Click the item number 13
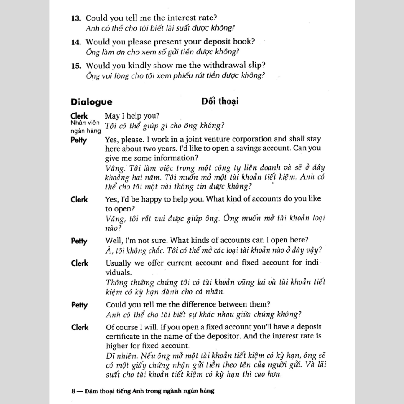pos(76,18)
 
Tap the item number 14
pos(76,42)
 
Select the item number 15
pos(76,66)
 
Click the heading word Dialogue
pos(92,101)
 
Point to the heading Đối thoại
pos(220,101)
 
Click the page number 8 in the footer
pos(73,391)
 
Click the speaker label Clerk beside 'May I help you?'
pos(79,116)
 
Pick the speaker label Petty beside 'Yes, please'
pos(79,140)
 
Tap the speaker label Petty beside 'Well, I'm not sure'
pos(79,241)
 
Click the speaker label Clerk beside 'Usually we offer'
pos(79,263)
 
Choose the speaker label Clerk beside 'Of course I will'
pos(79,327)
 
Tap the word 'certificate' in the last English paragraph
pos(125,336)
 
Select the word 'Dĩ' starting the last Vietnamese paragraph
pos(110,356)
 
